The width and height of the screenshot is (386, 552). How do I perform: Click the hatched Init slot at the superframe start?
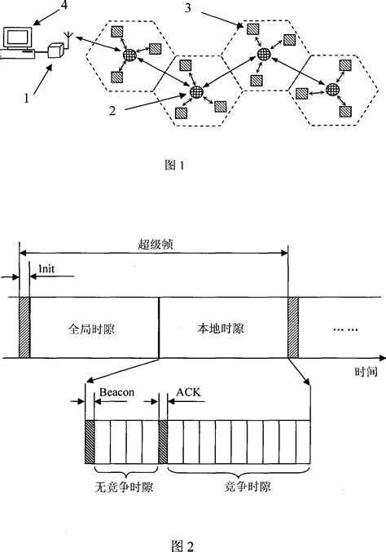(x=24, y=327)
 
